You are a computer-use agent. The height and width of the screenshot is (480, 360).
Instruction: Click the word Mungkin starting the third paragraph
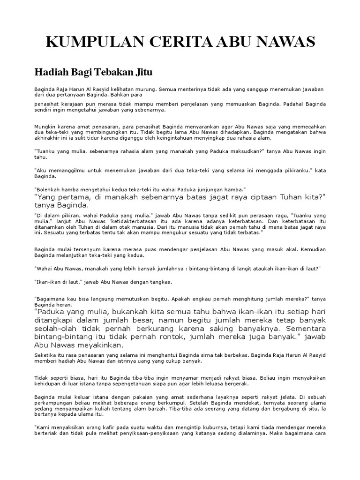coord(45,127)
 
